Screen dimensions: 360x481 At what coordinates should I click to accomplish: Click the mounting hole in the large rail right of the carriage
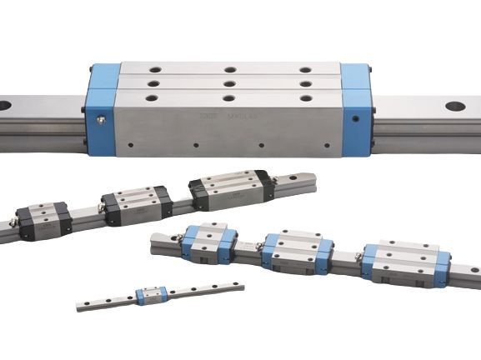pyautogui.click(x=455, y=107)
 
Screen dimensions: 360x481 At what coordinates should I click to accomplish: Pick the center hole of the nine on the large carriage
pyautogui.click(x=228, y=83)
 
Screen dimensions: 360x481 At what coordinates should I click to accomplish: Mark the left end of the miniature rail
pyautogui.click(x=81, y=307)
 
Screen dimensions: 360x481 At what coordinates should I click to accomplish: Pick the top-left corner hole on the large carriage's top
pyautogui.click(x=152, y=70)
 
